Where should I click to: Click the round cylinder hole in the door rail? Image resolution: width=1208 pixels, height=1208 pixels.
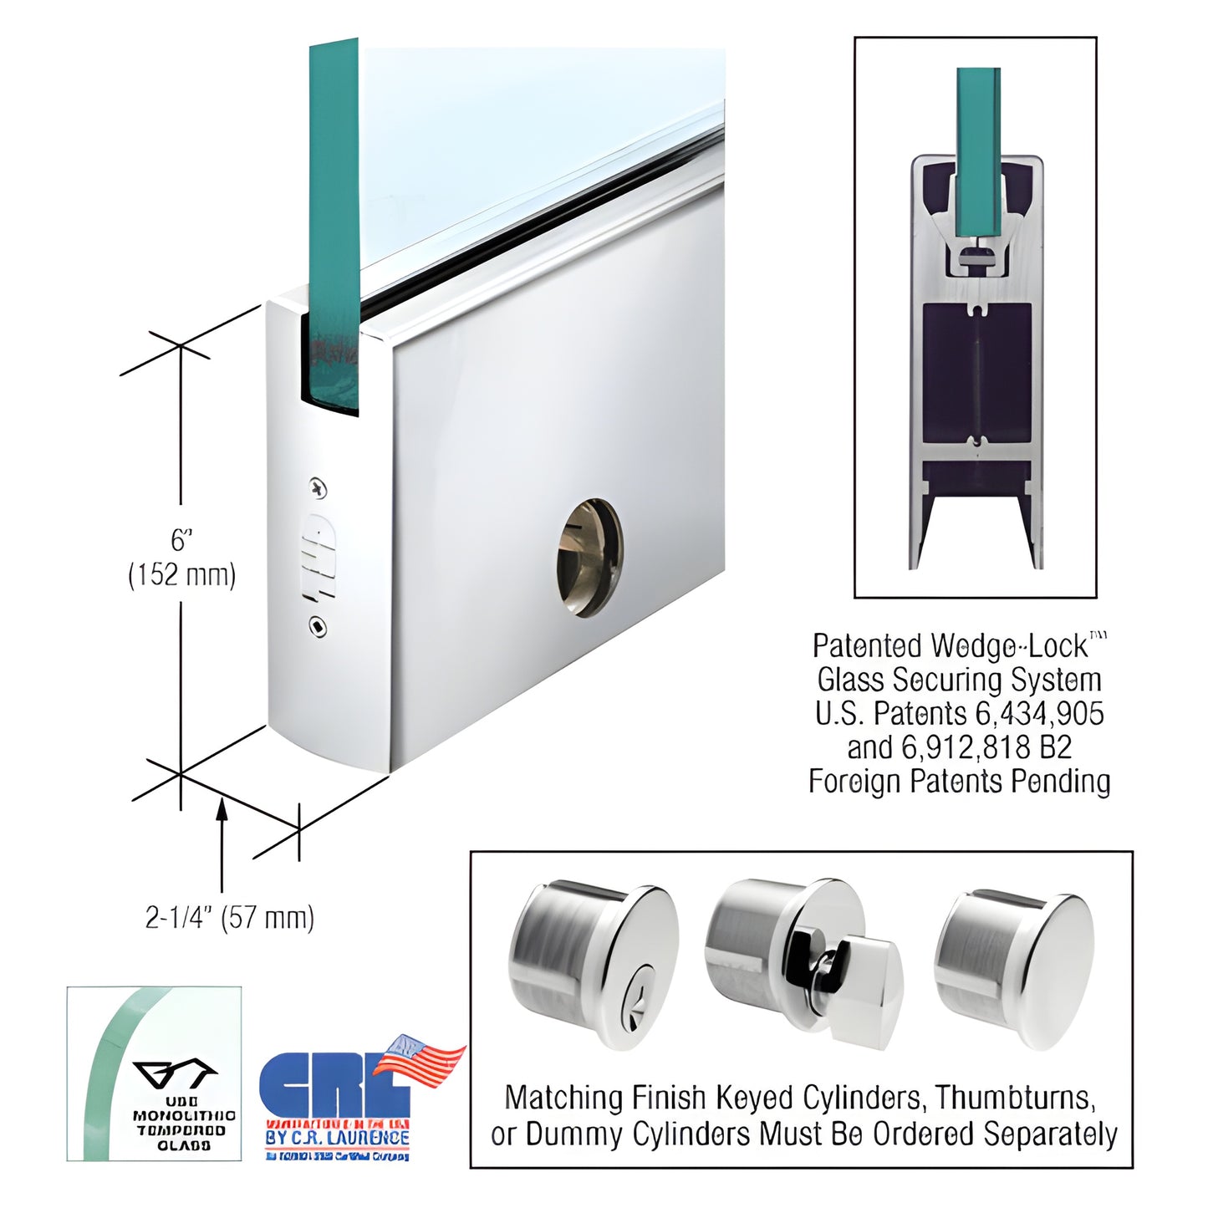pyautogui.click(x=590, y=558)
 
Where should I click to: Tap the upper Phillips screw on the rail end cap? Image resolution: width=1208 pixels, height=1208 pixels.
pyautogui.click(x=318, y=488)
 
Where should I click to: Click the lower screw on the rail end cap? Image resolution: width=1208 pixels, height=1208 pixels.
pyautogui.click(x=318, y=626)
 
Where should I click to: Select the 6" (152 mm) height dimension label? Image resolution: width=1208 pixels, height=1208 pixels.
pyautogui.click(x=181, y=558)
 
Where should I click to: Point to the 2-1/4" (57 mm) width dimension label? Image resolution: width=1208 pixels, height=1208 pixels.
pyautogui.click(x=230, y=918)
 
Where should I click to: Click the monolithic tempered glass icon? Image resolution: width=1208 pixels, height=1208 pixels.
pyautogui.click(x=155, y=1074)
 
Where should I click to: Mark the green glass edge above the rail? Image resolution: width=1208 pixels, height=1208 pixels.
pyautogui.click(x=334, y=209)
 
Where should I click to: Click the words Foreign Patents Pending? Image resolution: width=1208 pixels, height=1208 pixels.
pyautogui.click(x=959, y=782)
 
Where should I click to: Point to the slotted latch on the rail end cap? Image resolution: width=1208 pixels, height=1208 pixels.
pyautogui.click(x=319, y=557)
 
